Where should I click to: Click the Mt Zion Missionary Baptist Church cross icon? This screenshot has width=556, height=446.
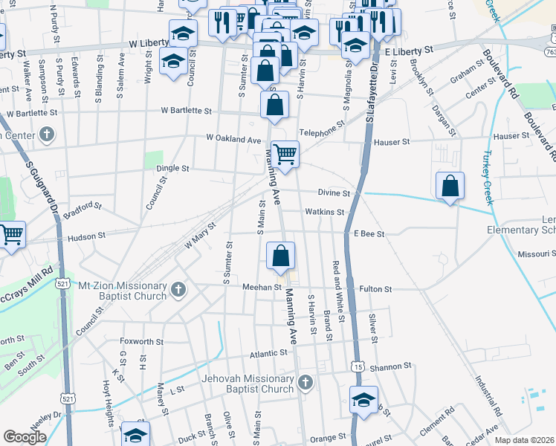(178, 289)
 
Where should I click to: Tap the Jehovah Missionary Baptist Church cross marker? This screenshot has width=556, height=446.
(305, 383)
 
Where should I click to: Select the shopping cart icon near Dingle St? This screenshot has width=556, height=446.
(285, 154)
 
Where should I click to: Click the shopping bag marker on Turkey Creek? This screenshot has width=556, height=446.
(450, 185)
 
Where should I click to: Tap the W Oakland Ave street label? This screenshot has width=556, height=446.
(234, 139)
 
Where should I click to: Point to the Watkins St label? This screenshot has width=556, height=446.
(325, 212)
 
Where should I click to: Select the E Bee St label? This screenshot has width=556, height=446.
(369, 233)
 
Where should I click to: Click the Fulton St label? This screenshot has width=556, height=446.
(377, 288)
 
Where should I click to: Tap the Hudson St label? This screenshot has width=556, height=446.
(87, 237)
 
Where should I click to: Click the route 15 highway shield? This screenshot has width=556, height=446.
(359, 367)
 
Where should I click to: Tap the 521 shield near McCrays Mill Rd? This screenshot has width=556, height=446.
(63, 283)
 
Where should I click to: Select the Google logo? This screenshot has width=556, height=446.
(25, 436)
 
